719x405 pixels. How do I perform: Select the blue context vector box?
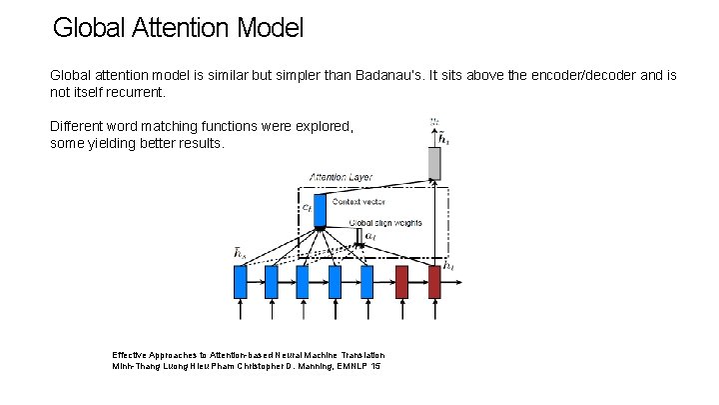(x=320, y=208)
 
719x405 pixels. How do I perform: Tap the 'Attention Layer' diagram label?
(x=341, y=177)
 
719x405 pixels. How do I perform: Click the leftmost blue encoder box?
(x=240, y=281)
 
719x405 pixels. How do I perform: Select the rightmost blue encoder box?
(x=366, y=281)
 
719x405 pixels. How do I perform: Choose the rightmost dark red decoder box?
(x=434, y=281)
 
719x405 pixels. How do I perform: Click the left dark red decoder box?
(x=402, y=281)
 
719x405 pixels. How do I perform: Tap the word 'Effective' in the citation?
(x=129, y=355)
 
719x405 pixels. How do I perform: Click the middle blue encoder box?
(x=304, y=281)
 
